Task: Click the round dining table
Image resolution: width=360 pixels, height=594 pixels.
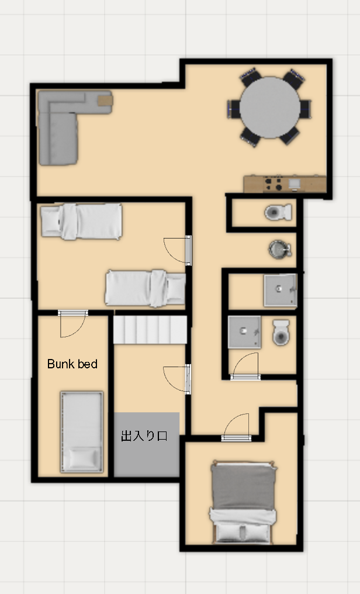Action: [x=270, y=108]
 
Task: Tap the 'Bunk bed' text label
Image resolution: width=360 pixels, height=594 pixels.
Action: [x=72, y=364]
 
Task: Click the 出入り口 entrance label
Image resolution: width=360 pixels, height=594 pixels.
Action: [x=144, y=436]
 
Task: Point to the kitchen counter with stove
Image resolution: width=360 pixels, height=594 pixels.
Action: [x=285, y=184]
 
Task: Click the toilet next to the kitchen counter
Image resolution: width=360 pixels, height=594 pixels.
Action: [x=278, y=213]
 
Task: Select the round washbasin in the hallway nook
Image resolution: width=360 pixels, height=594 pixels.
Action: [x=280, y=249]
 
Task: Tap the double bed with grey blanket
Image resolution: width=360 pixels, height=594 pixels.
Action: [x=243, y=502]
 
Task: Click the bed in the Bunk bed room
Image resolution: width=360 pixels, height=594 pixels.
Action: [x=82, y=432]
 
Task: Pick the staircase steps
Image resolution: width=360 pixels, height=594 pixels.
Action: [x=150, y=330]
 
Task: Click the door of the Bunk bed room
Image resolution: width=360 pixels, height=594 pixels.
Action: [x=72, y=323]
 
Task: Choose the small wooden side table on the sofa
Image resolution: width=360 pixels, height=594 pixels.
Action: [x=106, y=100]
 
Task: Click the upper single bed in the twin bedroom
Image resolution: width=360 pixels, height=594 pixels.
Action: [x=81, y=222]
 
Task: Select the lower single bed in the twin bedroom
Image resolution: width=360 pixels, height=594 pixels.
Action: [x=146, y=288]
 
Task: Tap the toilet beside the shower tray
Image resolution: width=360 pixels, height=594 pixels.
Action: [x=281, y=333]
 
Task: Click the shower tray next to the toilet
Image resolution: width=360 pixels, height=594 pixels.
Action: [x=244, y=332]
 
